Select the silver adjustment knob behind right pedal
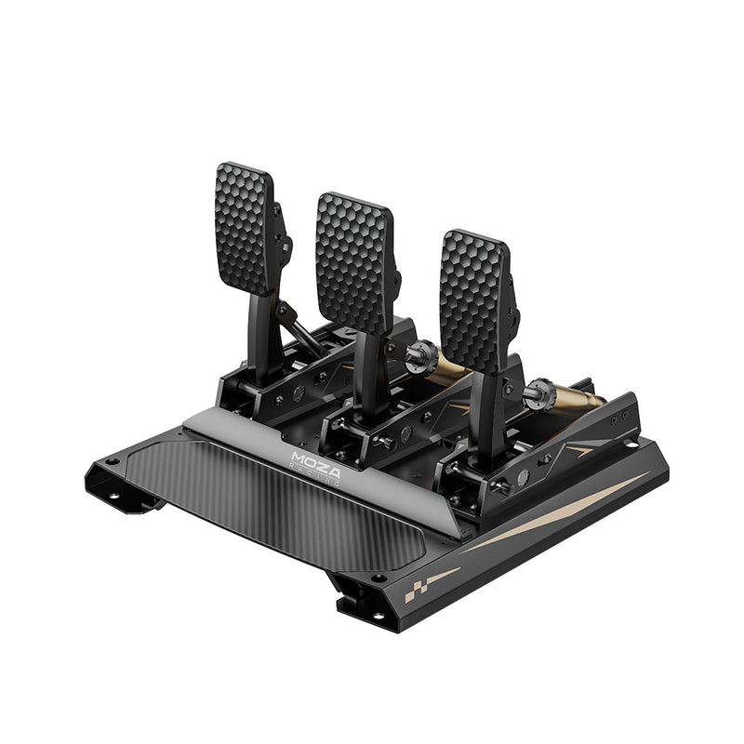[537, 393]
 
